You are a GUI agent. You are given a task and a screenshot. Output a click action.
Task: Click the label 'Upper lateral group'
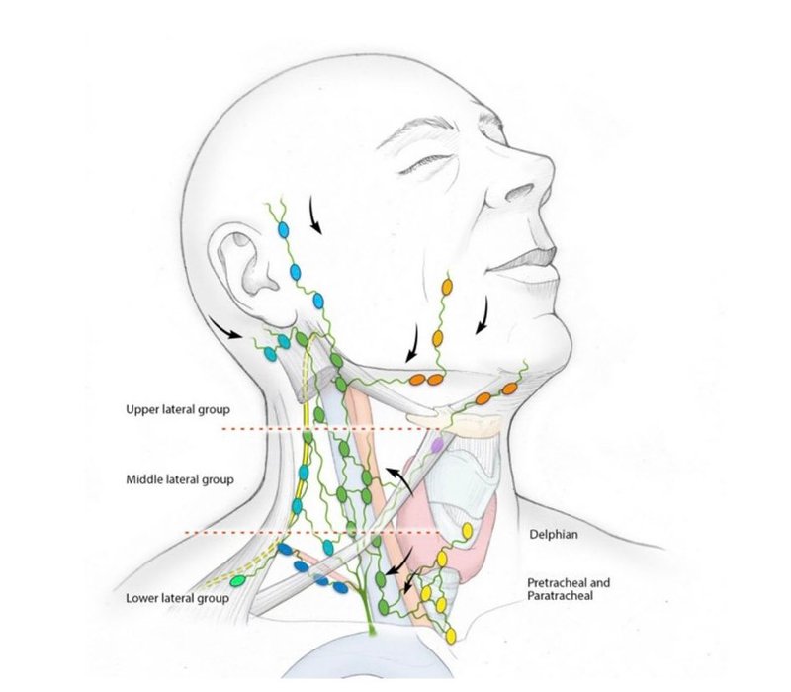click(x=176, y=408)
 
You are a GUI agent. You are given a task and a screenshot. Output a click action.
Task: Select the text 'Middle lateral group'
click(x=179, y=480)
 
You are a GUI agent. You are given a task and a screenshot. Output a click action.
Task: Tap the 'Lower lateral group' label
click(x=173, y=598)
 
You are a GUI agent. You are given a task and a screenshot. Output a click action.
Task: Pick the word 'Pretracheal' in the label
click(x=554, y=583)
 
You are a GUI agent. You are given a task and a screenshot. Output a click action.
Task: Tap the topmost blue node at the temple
click(x=285, y=230)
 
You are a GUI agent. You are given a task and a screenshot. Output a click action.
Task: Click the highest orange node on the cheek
click(x=446, y=287)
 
